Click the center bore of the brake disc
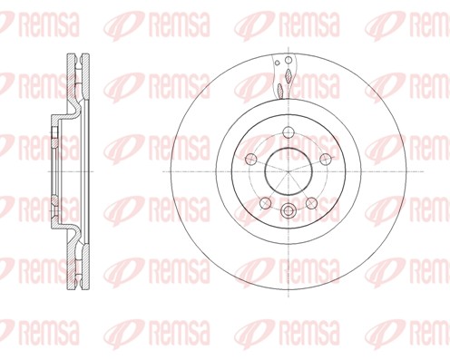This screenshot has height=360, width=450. (288, 170)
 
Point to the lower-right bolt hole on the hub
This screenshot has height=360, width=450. (311, 201)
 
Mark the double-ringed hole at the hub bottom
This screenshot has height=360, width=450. (288, 212)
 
